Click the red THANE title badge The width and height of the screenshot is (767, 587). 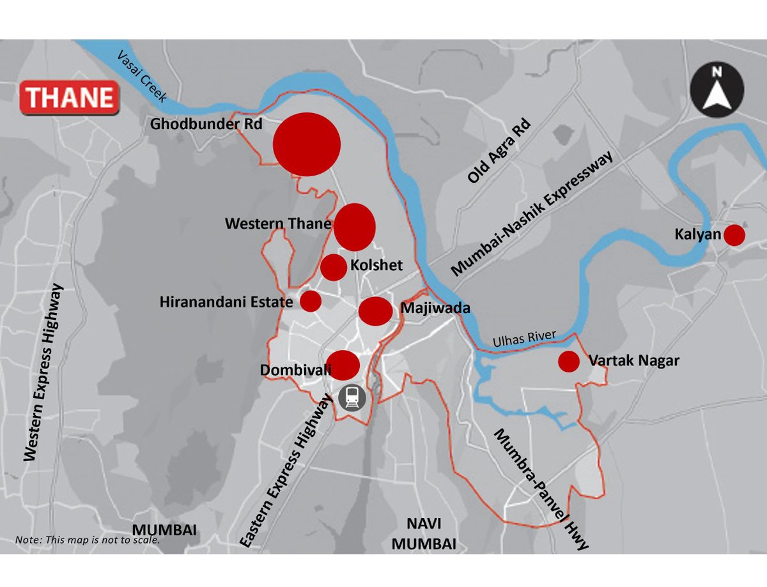69,98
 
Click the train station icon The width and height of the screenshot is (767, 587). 352,398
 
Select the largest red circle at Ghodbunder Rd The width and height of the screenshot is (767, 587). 306,144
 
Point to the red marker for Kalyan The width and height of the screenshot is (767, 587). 734,235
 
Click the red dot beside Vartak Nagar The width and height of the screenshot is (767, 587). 568,362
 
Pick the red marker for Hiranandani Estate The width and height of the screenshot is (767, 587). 311,301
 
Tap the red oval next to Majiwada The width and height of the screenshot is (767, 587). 375,310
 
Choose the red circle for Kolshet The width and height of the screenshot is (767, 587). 334,267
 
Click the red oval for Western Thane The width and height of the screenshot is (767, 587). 354,227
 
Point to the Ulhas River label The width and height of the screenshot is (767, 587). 524,339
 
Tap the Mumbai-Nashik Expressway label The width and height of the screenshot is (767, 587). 532,213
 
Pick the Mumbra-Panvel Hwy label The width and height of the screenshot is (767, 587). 540,489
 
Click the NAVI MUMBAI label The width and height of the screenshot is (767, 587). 424,534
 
